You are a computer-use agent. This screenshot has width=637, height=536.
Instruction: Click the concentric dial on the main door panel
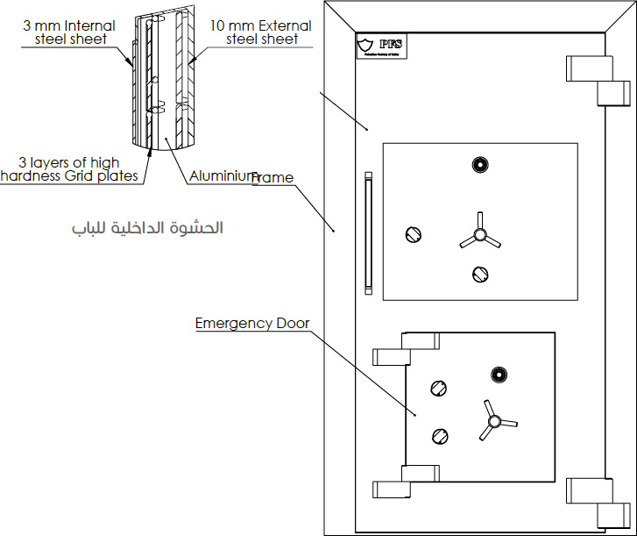pyautogui.click(x=478, y=164)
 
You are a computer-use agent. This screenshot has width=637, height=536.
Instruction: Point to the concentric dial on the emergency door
pyautogui.click(x=499, y=375)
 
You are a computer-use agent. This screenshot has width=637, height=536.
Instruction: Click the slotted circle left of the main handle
pyautogui.click(x=414, y=233)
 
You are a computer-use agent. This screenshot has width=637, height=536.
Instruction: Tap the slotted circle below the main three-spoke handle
pyautogui.click(x=478, y=274)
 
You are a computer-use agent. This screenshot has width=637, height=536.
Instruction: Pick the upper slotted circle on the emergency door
pyautogui.click(x=437, y=389)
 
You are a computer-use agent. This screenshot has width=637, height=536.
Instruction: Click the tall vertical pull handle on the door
pyautogui.click(x=368, y=234)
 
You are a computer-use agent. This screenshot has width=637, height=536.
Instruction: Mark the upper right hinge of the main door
pyautogui.click(x=599, y=80)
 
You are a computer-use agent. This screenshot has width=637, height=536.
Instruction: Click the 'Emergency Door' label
pyautogui.click(x=251, y=324)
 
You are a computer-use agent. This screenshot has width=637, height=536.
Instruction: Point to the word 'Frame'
pyautogui.click(x=273, y=178)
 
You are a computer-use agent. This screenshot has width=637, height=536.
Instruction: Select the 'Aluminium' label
pyautogui.click(x=223, y=176)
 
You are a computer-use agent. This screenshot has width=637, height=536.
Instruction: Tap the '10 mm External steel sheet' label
pyautogui.click(x=260, y=32)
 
